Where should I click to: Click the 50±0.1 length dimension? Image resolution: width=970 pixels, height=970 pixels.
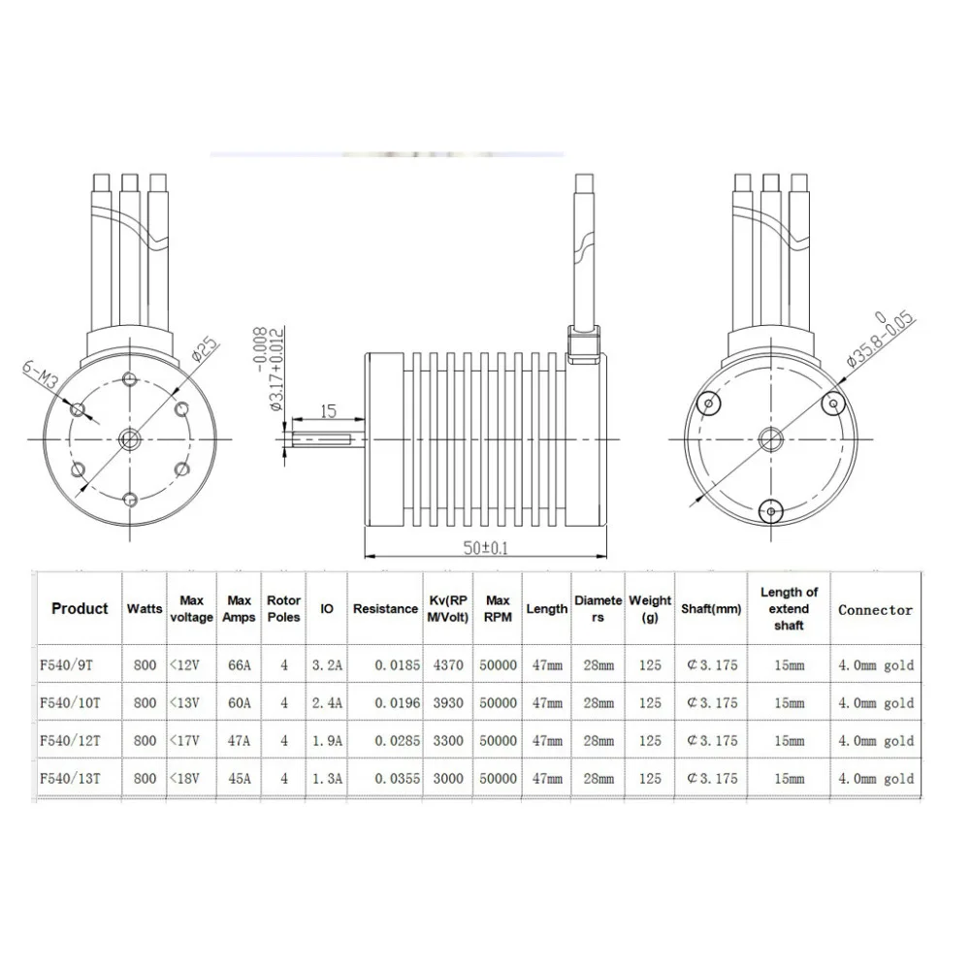click(x=486, y=548)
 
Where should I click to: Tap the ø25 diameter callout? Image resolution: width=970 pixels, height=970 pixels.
click(x=205, y=348)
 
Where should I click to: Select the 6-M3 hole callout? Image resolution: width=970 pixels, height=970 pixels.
click(x=40, y=374)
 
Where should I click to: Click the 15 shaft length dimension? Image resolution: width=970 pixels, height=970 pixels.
click(x=329, y=410)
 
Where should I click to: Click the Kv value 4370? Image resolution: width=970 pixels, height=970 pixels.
click(x=448, y=665)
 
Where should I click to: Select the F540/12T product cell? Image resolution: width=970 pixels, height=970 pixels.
click(x=70, y=740)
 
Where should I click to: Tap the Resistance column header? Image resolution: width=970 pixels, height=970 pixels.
click(x=385, y=609)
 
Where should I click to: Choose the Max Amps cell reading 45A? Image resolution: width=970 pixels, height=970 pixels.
click(x=240, y=778)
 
